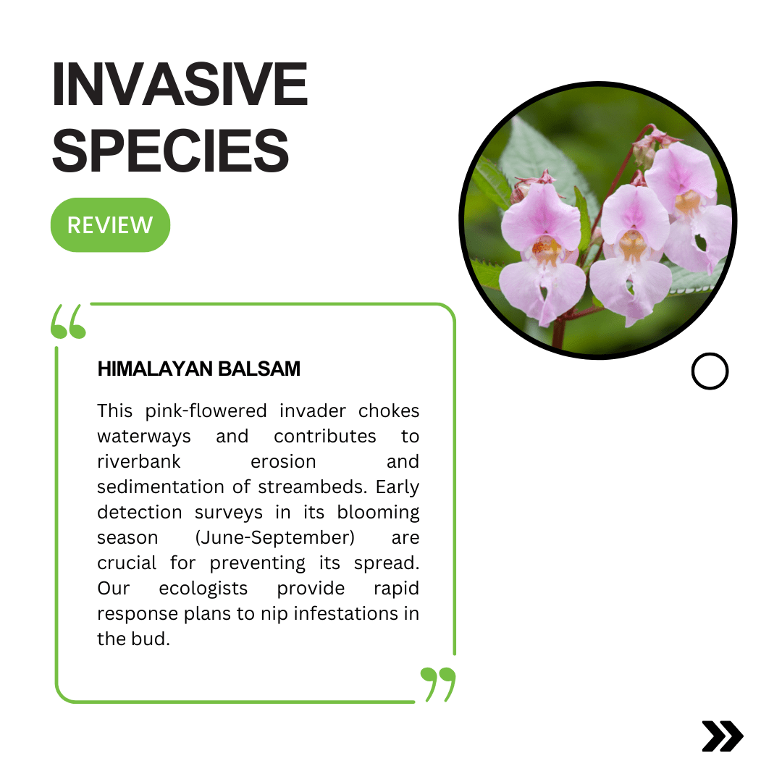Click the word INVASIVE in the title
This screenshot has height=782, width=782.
180,84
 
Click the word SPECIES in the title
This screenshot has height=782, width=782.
171,150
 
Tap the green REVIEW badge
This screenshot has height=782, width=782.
110,225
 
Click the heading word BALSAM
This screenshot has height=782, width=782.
259,369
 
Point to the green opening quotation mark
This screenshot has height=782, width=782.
68,321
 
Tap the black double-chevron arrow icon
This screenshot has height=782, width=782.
723,736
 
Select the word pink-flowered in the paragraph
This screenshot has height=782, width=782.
206,411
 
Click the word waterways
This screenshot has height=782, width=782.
144,437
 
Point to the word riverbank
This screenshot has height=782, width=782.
138,462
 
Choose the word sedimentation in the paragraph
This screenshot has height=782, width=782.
161,487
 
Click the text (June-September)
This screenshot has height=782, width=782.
275,538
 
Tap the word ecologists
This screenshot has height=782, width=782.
203,589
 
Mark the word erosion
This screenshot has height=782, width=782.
283,462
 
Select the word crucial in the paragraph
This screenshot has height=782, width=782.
127,563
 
